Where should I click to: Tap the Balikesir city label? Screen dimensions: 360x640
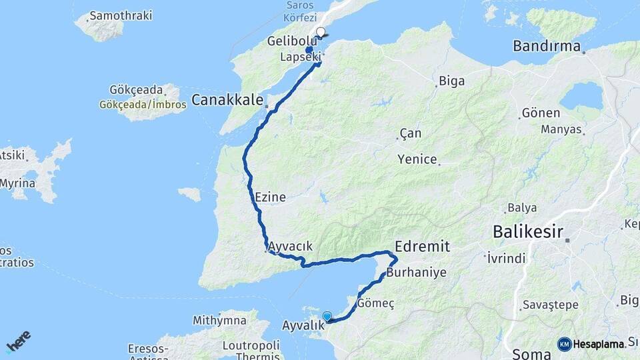tap(527, 232)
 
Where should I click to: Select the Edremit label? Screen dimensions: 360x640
tap(422, 246)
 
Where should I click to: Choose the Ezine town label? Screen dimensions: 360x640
tap(270, 197)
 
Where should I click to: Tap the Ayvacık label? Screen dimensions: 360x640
tap(290, 246)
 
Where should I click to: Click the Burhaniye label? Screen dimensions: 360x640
tap(416, 273)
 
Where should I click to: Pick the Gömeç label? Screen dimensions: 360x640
tap(376, 303)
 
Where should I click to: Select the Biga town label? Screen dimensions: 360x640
tap(451, 81)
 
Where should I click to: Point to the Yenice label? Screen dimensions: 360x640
tap(417, 159)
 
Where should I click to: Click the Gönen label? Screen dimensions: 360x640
tap(541, 113)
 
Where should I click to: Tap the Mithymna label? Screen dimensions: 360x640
tap(220, 320)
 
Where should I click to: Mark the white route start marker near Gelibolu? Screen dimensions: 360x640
tap(321, 32)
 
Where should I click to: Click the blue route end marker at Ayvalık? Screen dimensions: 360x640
tap(327, 316)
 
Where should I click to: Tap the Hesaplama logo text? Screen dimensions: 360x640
tap(599, 344)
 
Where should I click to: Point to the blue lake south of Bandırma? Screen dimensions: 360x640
tap(581, 96)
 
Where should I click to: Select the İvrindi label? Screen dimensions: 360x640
tap(507, 257)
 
